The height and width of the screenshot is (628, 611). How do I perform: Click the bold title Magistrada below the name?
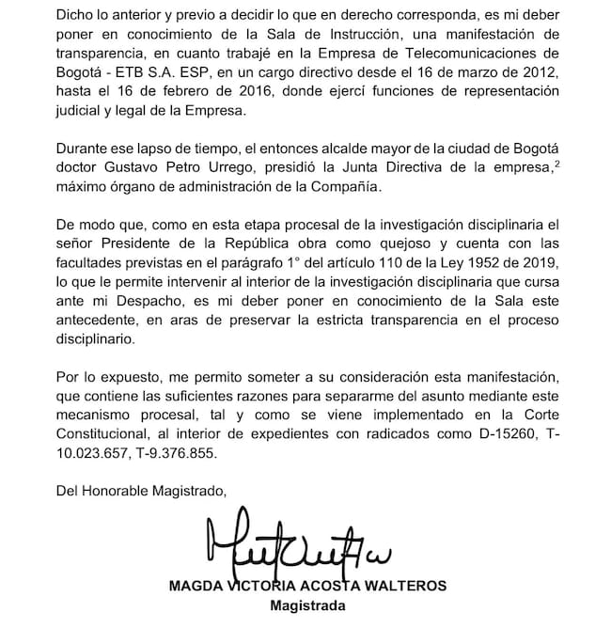click(307, 606)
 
